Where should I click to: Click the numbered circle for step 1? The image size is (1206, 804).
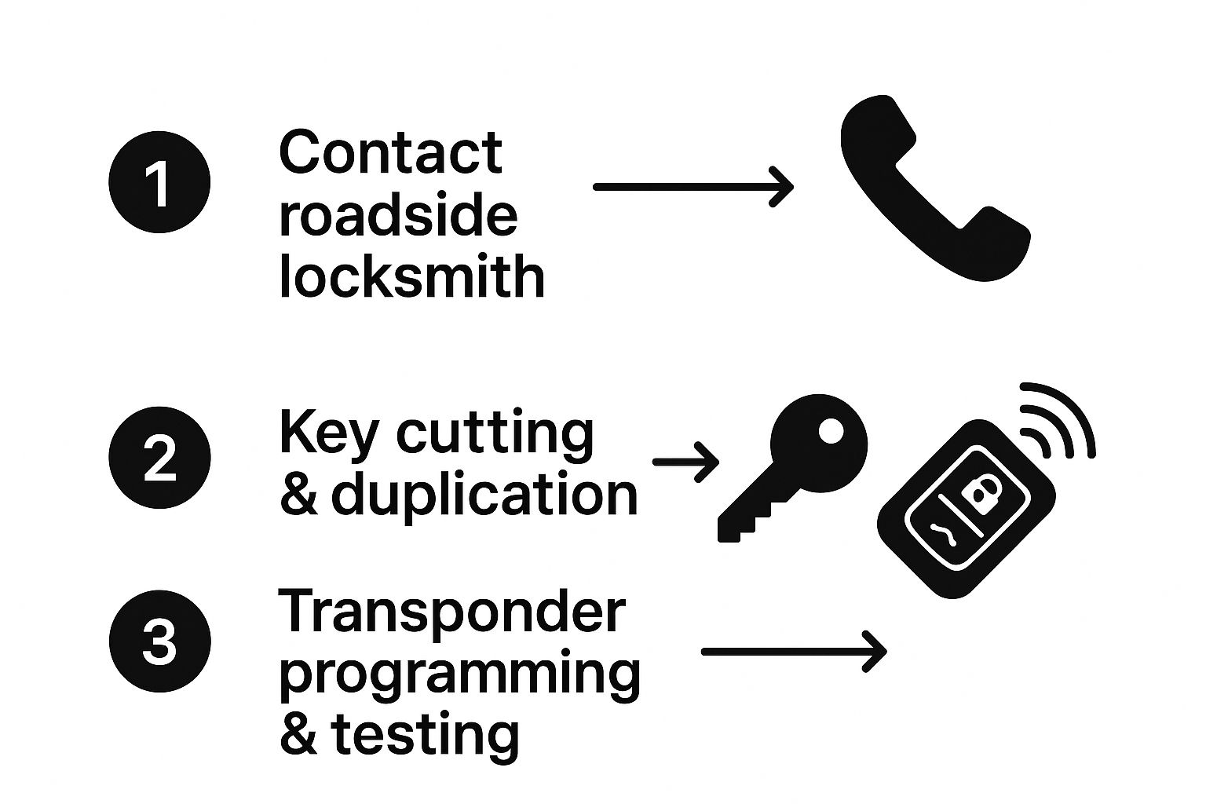(159, 182)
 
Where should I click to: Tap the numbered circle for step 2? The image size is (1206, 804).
(159, 457)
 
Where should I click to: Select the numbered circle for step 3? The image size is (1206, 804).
(159, 641)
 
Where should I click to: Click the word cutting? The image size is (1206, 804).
(495, 437)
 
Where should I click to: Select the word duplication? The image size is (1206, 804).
(484, 495)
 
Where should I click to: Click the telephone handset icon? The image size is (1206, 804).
(935, 188)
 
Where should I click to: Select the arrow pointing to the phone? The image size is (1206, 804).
(693, 187)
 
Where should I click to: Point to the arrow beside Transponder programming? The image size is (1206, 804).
(794, 652)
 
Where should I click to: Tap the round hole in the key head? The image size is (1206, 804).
(831, 431)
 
